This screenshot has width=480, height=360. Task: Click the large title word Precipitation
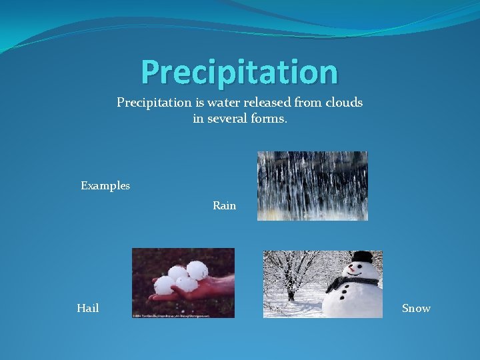(239, 72)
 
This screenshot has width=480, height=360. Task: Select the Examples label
(105, 185)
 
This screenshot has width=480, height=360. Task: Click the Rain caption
(224, 205)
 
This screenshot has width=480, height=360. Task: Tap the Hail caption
(88, 308)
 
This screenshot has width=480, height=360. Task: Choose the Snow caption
(416, 308)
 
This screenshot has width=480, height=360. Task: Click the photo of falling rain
(312, 185)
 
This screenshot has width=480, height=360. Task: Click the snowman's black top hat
(362, 257)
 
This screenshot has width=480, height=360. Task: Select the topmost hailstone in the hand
(197, 269)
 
